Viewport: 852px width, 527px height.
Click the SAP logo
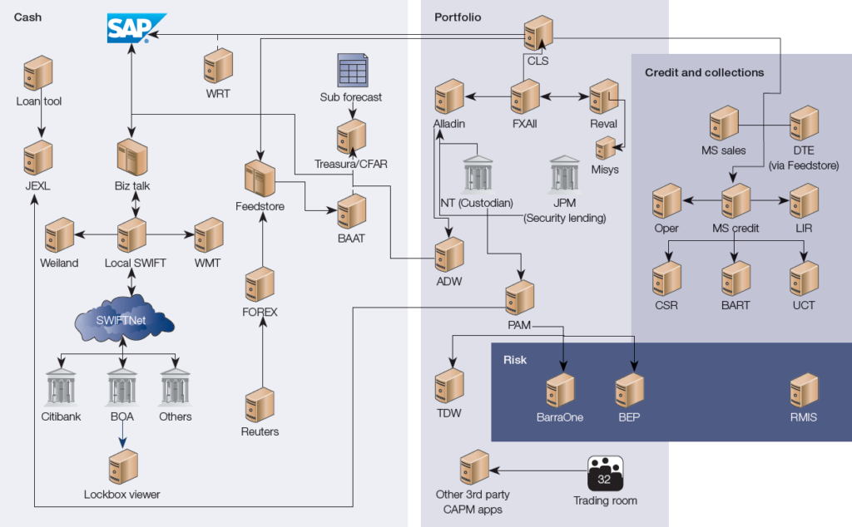[x=136, y=27]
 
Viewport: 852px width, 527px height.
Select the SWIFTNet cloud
[x=122, y=319]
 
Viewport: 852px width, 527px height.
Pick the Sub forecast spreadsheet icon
[x=351, y=70]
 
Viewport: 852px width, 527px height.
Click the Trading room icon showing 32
[x=605, y=474]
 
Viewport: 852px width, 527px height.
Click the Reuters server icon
[x=260, y=406]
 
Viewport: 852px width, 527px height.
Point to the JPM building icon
[x=565, y=175]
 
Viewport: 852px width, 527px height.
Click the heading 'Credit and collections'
[x=704, y=72]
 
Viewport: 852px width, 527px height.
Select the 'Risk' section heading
[x=516, y=359]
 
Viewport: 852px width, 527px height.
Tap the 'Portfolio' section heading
[x=458, y=17]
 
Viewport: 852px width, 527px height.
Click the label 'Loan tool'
[x=39, y=102]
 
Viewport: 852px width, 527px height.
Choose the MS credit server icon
[x=736, y=202]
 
